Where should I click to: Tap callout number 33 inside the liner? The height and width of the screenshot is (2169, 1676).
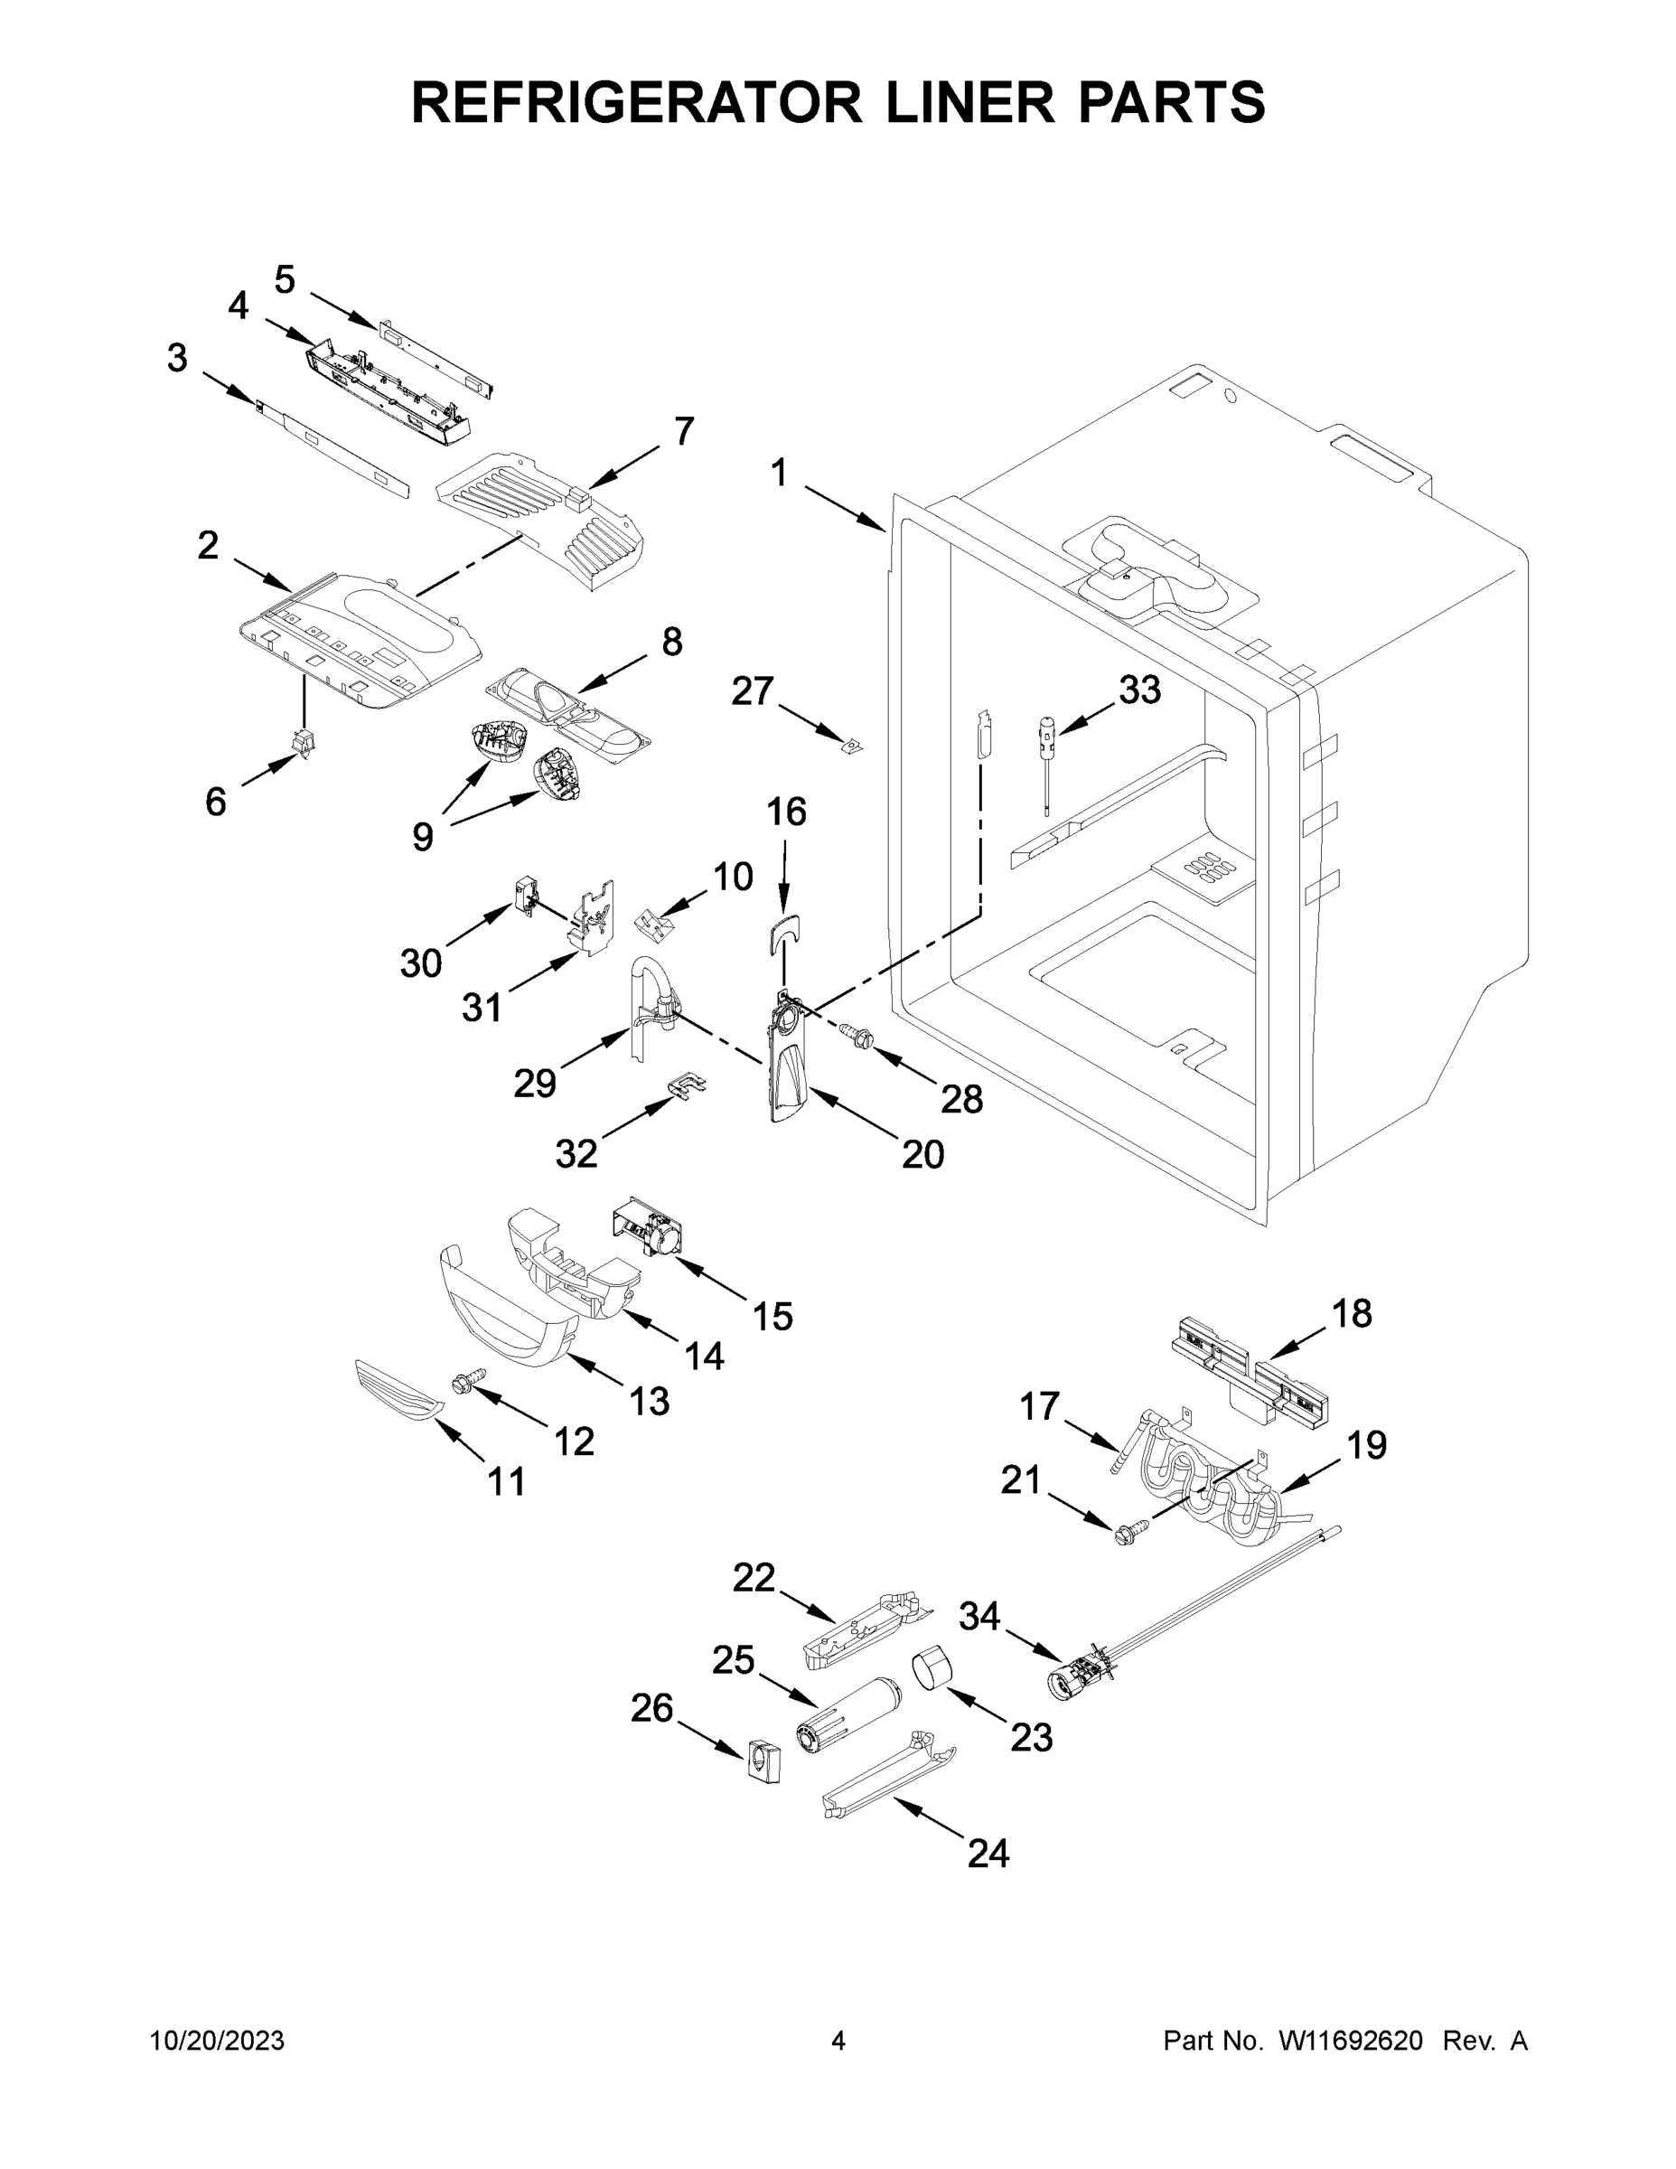click(1138, 690)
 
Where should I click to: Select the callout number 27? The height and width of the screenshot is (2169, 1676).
click(752, 690)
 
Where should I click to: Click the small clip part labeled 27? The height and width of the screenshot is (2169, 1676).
click(851, 745)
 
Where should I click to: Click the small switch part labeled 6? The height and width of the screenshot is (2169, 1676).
click(303, 743)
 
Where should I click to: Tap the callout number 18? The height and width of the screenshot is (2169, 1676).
click(1352, 1313)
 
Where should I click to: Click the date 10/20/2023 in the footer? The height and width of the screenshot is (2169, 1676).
click(217, 2040)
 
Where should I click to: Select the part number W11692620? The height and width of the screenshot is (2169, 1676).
click(1351, 2040)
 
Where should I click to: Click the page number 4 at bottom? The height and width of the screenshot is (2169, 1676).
click(838, 2040)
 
